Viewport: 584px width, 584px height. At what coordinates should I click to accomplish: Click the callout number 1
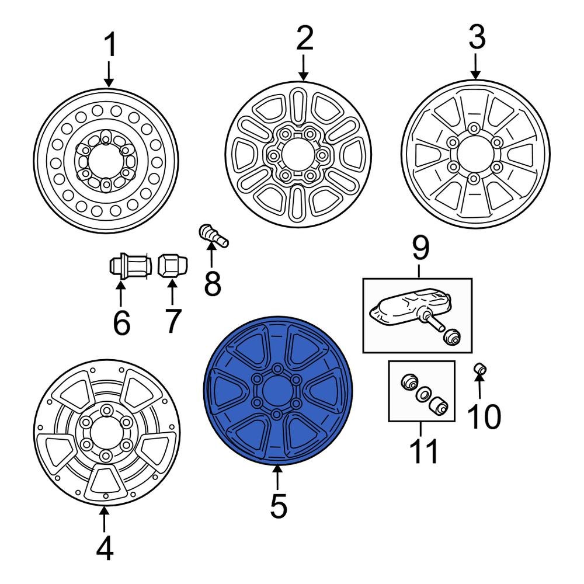tap(109, 46)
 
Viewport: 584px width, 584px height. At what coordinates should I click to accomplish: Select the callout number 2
tap(304, 39)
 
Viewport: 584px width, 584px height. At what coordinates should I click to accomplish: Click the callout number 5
tap(278, 506)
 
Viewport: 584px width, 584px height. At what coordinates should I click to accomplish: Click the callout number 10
tap(484, 416)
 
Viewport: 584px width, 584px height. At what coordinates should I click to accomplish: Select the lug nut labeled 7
tap(170, 267)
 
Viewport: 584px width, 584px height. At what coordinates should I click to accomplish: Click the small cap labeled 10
tap(480, 369)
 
